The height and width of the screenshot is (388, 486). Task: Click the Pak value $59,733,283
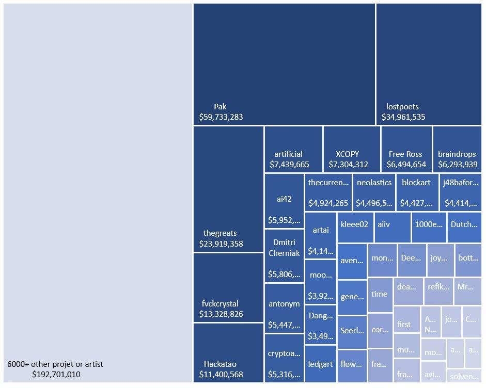point(221,117)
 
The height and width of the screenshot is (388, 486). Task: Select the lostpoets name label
point(402,107)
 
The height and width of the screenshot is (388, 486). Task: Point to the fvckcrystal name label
point(220,303)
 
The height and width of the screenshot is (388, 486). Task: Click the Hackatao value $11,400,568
point(221,374)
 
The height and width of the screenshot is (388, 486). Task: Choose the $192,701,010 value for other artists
point(56,374)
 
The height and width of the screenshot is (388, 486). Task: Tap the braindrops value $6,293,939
point(458,165)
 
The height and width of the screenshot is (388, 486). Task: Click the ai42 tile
point(284,201)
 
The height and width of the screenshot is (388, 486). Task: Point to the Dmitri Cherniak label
point(284,248)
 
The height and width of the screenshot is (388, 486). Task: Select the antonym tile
point(284,308)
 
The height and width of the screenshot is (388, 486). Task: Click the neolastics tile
point(374,192)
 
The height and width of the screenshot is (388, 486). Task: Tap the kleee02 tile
point(355,228)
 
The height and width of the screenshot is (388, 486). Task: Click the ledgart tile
point(320,364)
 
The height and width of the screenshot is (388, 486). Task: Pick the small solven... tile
point(464,376)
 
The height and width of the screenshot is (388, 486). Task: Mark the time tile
point(380,295)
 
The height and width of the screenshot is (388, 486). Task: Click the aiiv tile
point(392,228)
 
